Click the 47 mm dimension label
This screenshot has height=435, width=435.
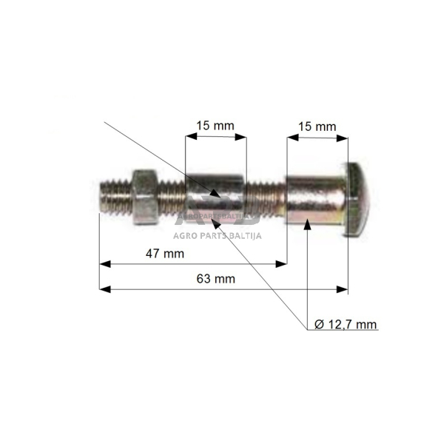coord(164,254)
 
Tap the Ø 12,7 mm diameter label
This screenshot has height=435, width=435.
coord(345,325)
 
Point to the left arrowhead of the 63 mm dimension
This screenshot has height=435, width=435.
coord(104,289)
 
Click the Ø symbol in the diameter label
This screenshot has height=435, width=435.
coord(319,325)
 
